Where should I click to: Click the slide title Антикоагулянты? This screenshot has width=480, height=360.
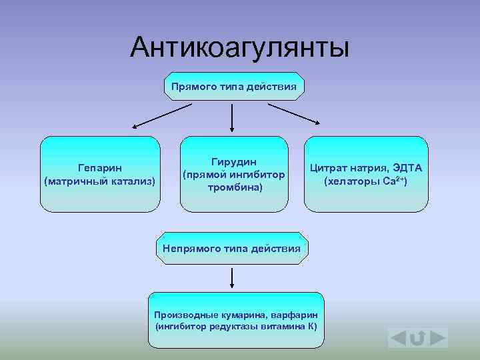(239, 47)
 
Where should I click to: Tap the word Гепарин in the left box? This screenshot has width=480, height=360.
(100, 169)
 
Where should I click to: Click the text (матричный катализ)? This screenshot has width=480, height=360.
(100, 181)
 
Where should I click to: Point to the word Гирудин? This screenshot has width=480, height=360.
(234, 162)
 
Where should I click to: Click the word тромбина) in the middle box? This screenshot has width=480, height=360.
(234, 187)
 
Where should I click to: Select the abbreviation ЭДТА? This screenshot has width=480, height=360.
(411, 169)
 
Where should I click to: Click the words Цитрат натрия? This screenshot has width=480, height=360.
(349, 169)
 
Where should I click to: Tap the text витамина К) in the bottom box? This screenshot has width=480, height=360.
(289, 327)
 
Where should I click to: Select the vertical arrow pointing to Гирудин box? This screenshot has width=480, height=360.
(232, 117)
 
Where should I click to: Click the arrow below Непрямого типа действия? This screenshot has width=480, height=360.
(232, 277)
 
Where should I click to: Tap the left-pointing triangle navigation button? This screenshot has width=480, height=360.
(397, 339)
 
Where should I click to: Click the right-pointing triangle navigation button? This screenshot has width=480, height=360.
(438, 339)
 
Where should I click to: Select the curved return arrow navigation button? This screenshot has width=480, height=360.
(418, 339)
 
